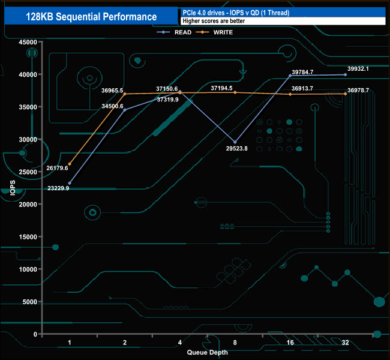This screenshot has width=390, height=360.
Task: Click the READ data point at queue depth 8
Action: tap(235, 142)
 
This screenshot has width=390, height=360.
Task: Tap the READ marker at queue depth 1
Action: tap(70, 183)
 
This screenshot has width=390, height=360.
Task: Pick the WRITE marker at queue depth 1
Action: tap(70, 164)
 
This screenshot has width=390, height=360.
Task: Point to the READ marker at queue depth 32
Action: tap(345, 74)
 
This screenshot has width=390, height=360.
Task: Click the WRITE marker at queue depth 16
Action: tap(290, 94)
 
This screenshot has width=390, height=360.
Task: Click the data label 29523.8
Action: tap(235, 149)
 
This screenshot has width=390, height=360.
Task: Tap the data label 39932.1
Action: tap(358, 68)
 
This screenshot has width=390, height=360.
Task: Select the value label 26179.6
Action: tap(56, 169)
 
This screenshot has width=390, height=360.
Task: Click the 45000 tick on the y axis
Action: tap(28, 42)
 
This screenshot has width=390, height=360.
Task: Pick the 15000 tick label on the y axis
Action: tap(28, 236)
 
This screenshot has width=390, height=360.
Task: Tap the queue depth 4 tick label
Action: tap(180, 343)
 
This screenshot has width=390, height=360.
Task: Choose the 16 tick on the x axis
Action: tap(290, 343)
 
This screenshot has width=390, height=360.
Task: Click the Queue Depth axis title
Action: tap(207, 352)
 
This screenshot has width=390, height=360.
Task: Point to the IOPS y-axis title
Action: tap(12, 188)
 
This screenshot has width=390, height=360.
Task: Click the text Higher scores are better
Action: tap(206, 20)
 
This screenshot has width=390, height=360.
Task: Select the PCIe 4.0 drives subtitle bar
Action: tap(282, 12)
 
